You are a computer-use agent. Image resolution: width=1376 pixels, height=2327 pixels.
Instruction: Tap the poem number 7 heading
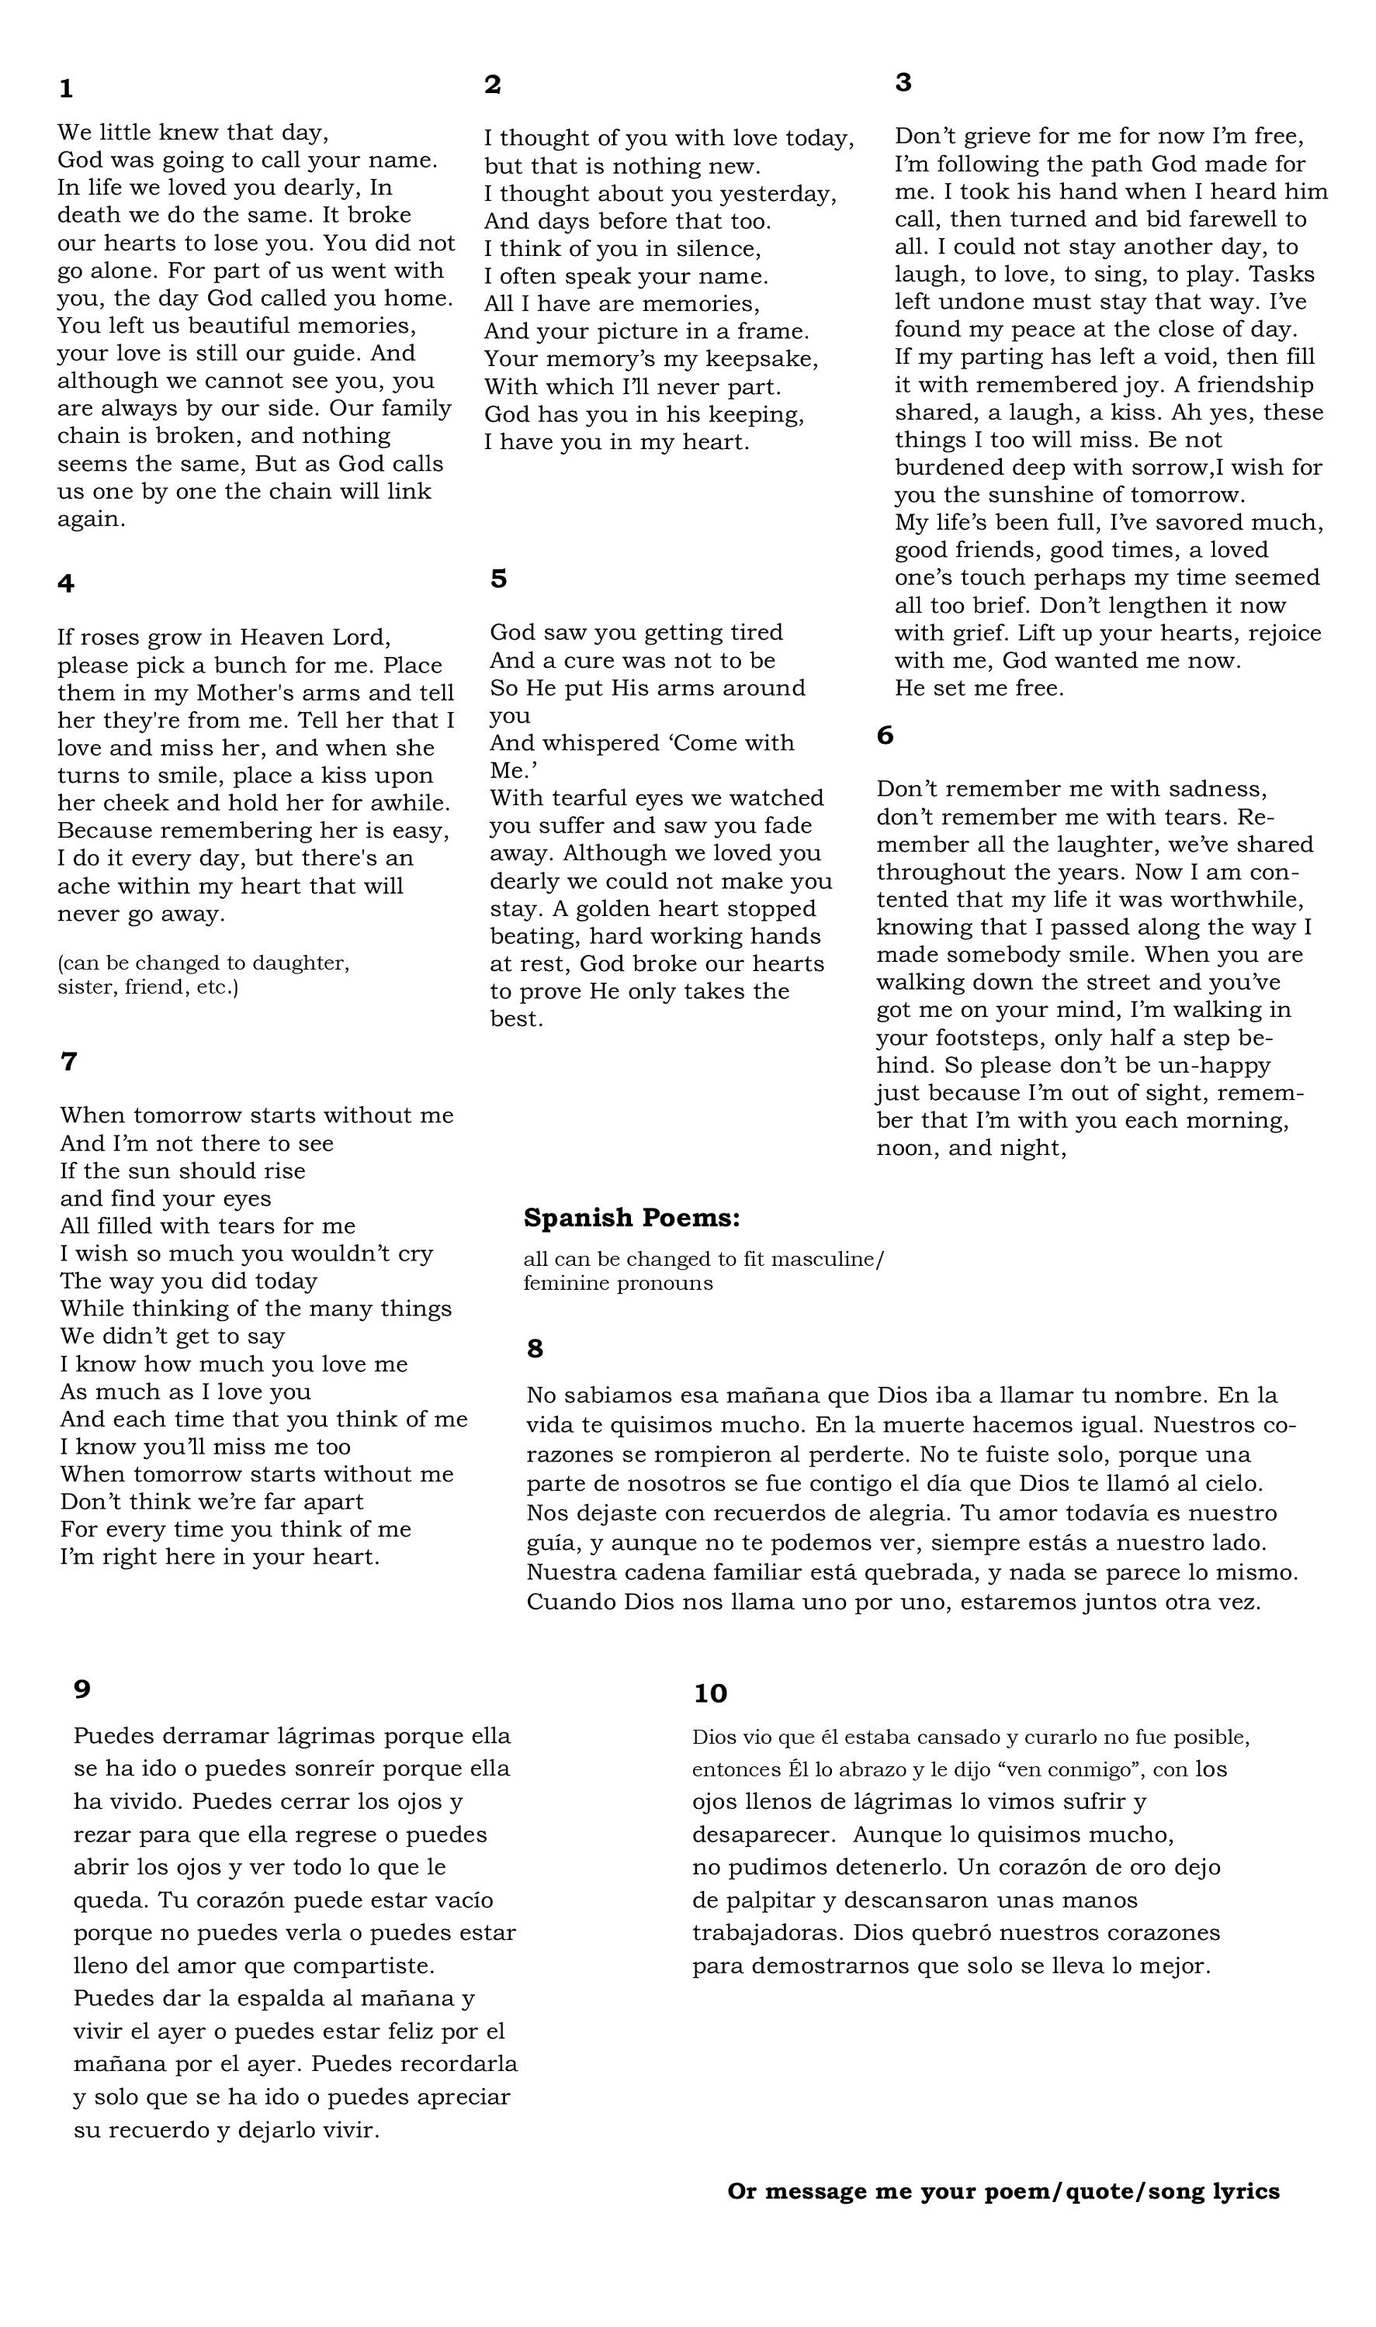click(x=68, y=1062)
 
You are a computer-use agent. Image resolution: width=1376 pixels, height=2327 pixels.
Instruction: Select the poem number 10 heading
click(x=710, y=1693)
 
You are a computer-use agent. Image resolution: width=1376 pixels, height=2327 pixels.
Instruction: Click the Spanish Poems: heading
click(x=632, y=1218)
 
